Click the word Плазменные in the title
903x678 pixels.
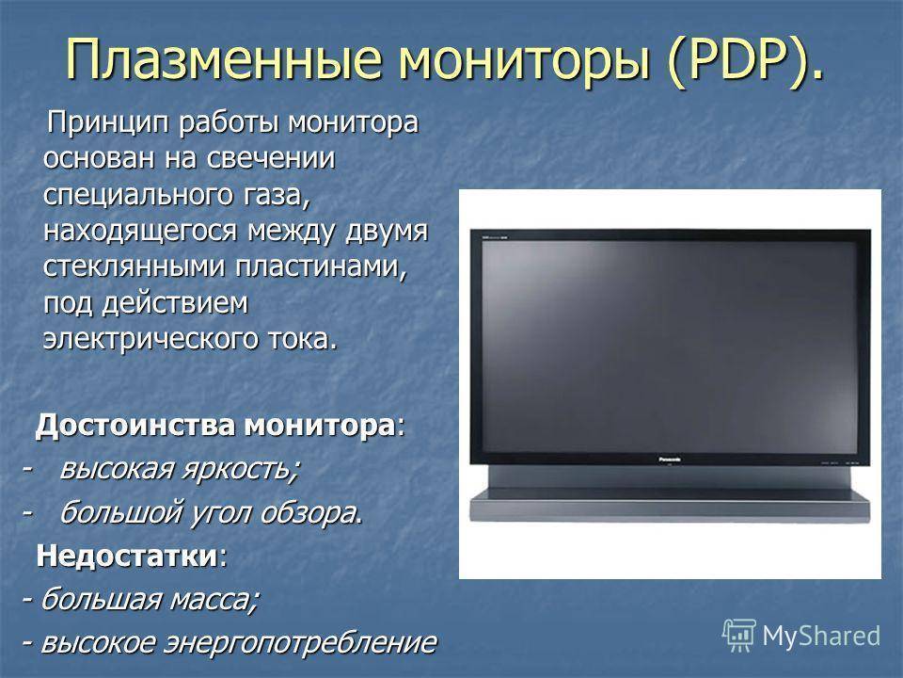click(224, 60)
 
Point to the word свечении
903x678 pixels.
click(271, 158)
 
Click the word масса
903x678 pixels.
click(214, 600)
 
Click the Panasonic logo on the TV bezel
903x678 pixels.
click(669, 460)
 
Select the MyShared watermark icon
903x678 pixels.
click(739, 636)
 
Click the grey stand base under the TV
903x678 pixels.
click(670, 506)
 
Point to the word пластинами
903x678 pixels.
click(320, 266)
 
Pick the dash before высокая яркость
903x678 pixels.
click(26, 468)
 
